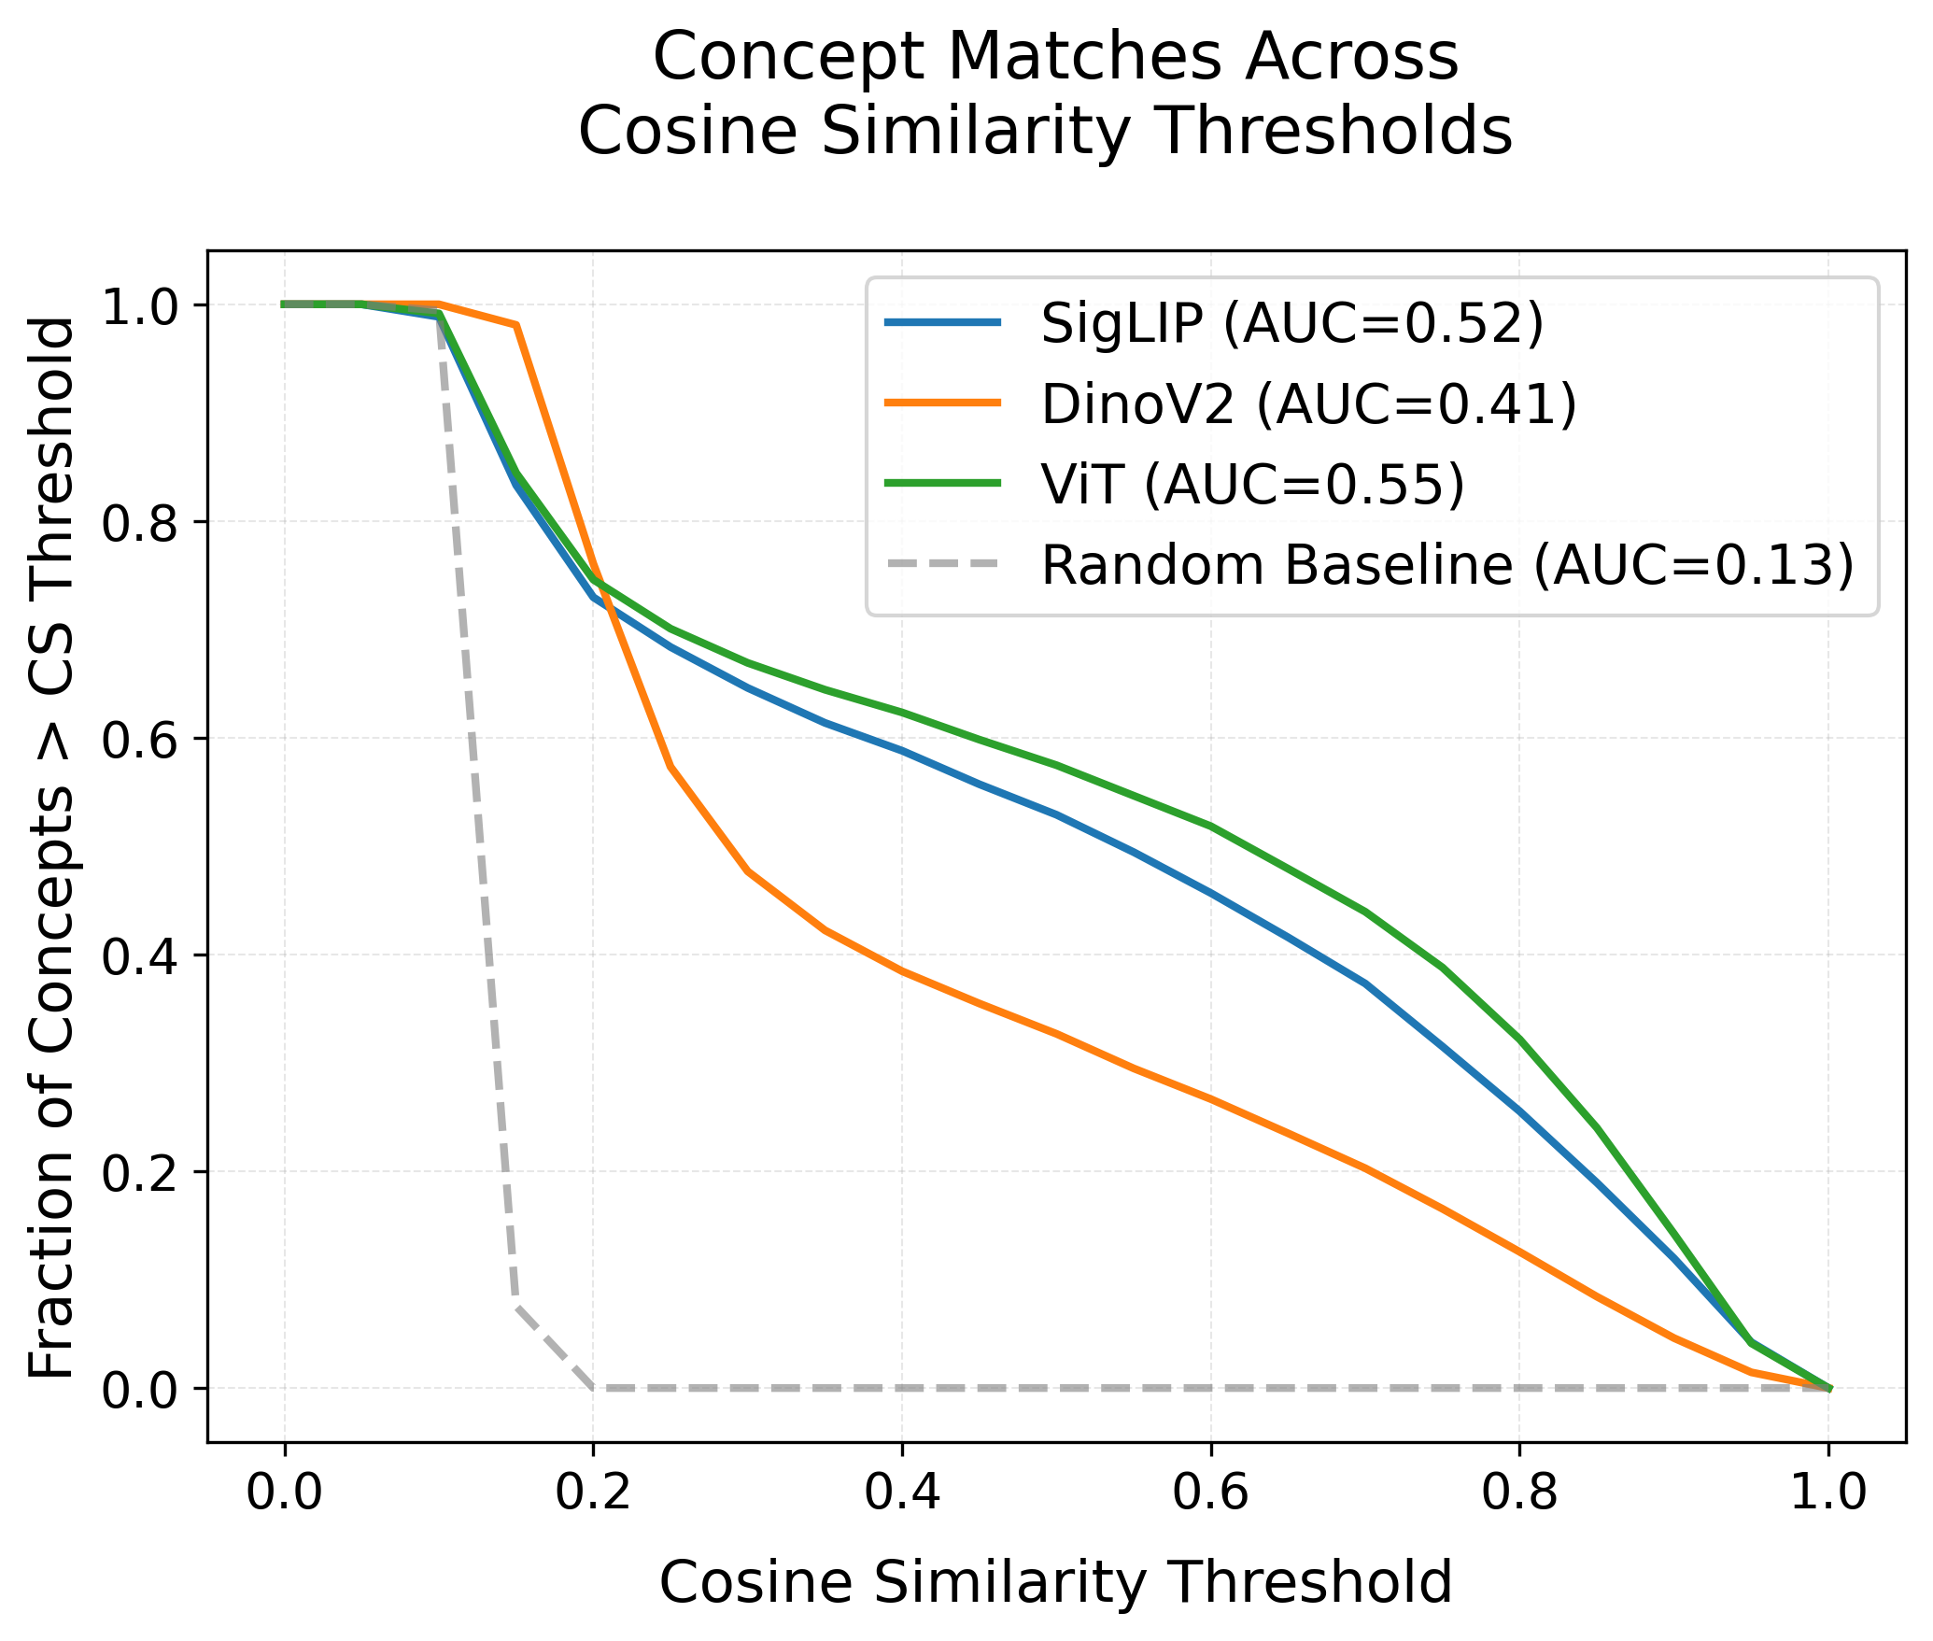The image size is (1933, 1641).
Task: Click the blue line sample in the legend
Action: (943, 323)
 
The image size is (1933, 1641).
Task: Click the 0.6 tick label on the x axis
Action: (1210, 1492)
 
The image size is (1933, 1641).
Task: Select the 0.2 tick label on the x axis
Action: (593, 1492)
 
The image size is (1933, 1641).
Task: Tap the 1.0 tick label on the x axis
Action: (1828, 1492)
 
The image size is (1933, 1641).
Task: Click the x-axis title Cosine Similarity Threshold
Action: (1055, 1582)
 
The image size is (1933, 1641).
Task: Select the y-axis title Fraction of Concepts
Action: (52, 846)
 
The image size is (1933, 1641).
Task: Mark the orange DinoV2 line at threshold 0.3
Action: (747, 870)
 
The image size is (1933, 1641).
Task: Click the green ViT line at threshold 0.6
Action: (1210, 826)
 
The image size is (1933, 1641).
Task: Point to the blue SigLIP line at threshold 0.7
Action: (1365, 983)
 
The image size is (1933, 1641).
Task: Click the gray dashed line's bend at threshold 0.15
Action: (516, 1306)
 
